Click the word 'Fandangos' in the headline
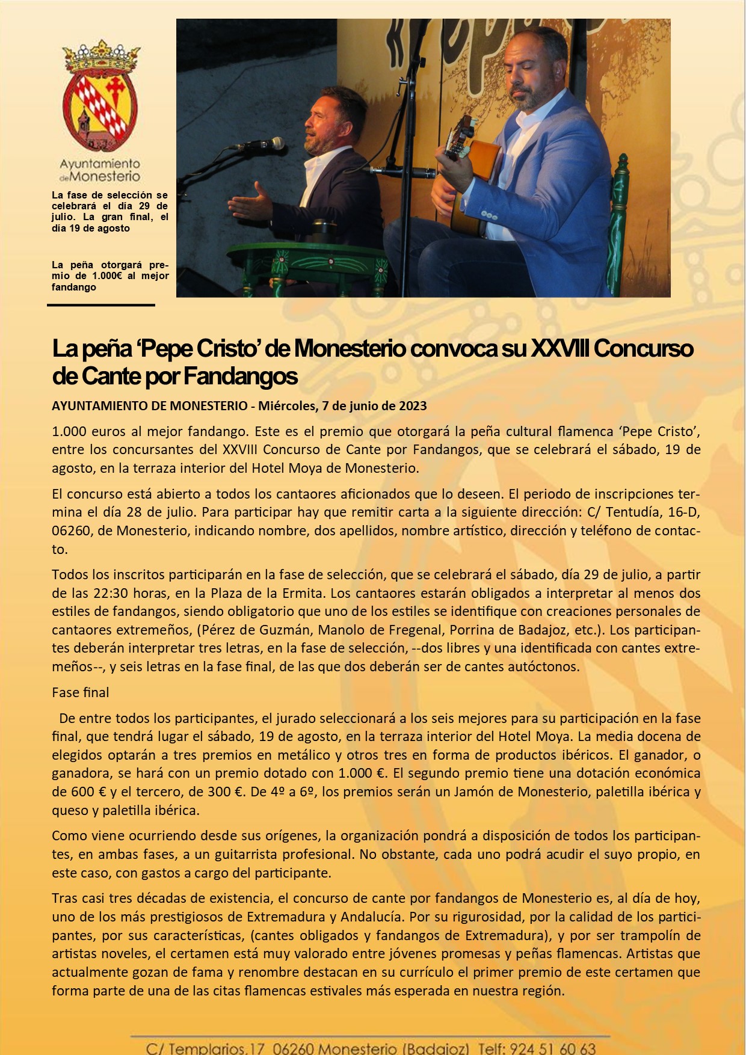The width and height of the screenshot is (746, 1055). point(241,377)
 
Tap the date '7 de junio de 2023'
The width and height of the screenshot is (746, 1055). point(374,406)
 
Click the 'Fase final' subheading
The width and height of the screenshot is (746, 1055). point(81,692)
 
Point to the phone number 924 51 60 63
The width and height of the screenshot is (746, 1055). point(553,1048)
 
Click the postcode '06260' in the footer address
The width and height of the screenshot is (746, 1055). point(293,1048)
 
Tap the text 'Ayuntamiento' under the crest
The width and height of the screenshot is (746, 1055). point(100,164)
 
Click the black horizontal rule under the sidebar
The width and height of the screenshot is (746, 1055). point(101,305)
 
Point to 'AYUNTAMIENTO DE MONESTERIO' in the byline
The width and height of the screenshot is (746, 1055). point(149,406)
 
